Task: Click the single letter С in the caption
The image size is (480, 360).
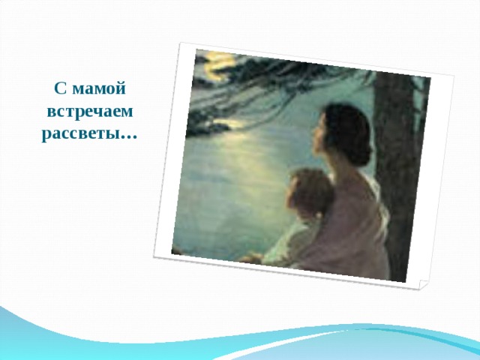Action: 61,88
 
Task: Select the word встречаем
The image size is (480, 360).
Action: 89,112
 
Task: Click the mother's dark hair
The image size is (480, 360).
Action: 347,127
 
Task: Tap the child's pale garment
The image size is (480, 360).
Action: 296,240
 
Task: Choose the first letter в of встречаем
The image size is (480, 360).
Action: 50,112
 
